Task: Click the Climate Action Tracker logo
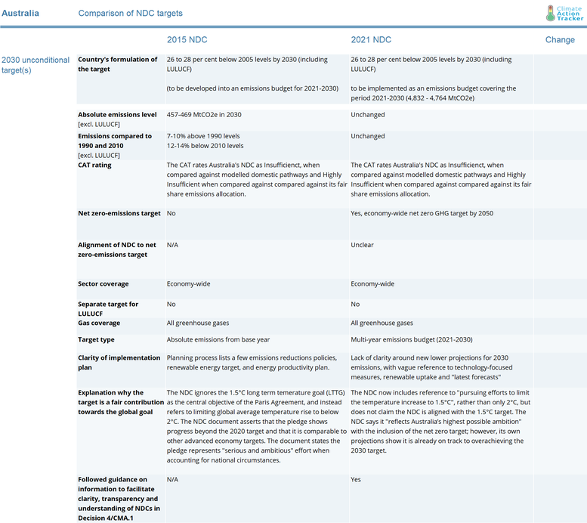point(564,13)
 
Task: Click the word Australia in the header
point(20,14)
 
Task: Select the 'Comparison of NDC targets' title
point(130,14)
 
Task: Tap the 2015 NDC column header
point(187,39)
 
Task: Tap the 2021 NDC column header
point(371,39)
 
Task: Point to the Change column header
point(560,39)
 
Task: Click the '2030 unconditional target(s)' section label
point(36,64)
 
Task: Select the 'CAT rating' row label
point(95,165)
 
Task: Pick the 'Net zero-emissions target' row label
point(119,213)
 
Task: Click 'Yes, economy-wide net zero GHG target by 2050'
point(422,213)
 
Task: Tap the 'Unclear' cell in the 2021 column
point(362,245)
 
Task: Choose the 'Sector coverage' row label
point(103,284)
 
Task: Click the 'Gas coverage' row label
point(99,323)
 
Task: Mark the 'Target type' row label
point(97,339)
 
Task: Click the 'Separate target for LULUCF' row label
point(108,308)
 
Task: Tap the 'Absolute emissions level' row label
point(117,115)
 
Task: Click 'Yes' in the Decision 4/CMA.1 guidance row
point(357,479)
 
